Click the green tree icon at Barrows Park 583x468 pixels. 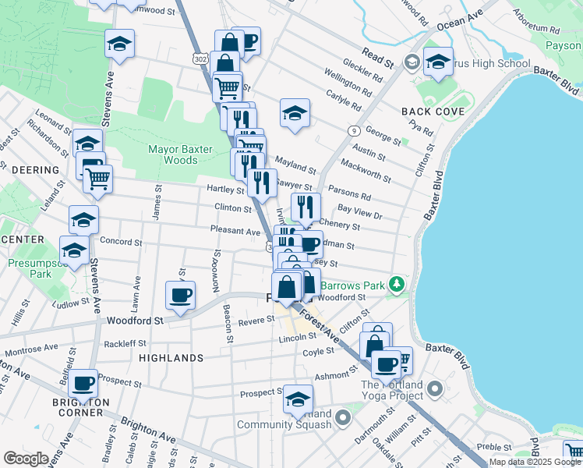(397, 282)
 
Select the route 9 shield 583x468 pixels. (354, 130)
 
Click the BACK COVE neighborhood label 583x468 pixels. (433, 112)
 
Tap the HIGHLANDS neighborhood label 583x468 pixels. (171, 357)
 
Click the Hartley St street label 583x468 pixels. (226, 189)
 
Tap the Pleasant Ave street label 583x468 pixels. (235, 231)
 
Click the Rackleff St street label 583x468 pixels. (125, 343)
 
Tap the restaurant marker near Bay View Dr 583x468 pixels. (306, 207)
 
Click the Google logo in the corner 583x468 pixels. (25, 458)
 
